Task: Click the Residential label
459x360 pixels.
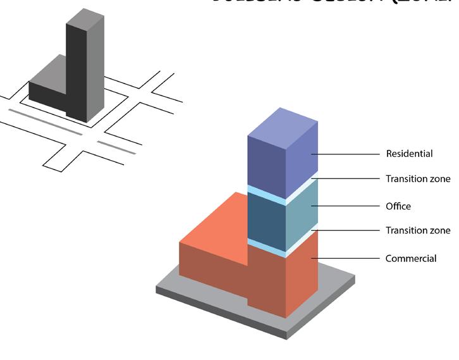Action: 409,154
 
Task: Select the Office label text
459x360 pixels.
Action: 398,206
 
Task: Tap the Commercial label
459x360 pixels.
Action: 411,258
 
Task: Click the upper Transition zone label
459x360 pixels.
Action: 418,179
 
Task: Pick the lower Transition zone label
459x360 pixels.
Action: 418,230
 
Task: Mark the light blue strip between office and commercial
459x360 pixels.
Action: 266,244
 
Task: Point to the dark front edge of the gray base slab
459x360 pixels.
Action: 221,311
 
